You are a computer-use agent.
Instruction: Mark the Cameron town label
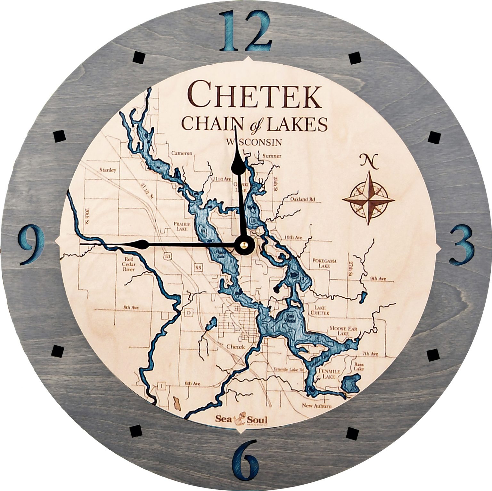tap(182, 153)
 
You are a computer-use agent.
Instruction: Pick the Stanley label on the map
tap(108, 170)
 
